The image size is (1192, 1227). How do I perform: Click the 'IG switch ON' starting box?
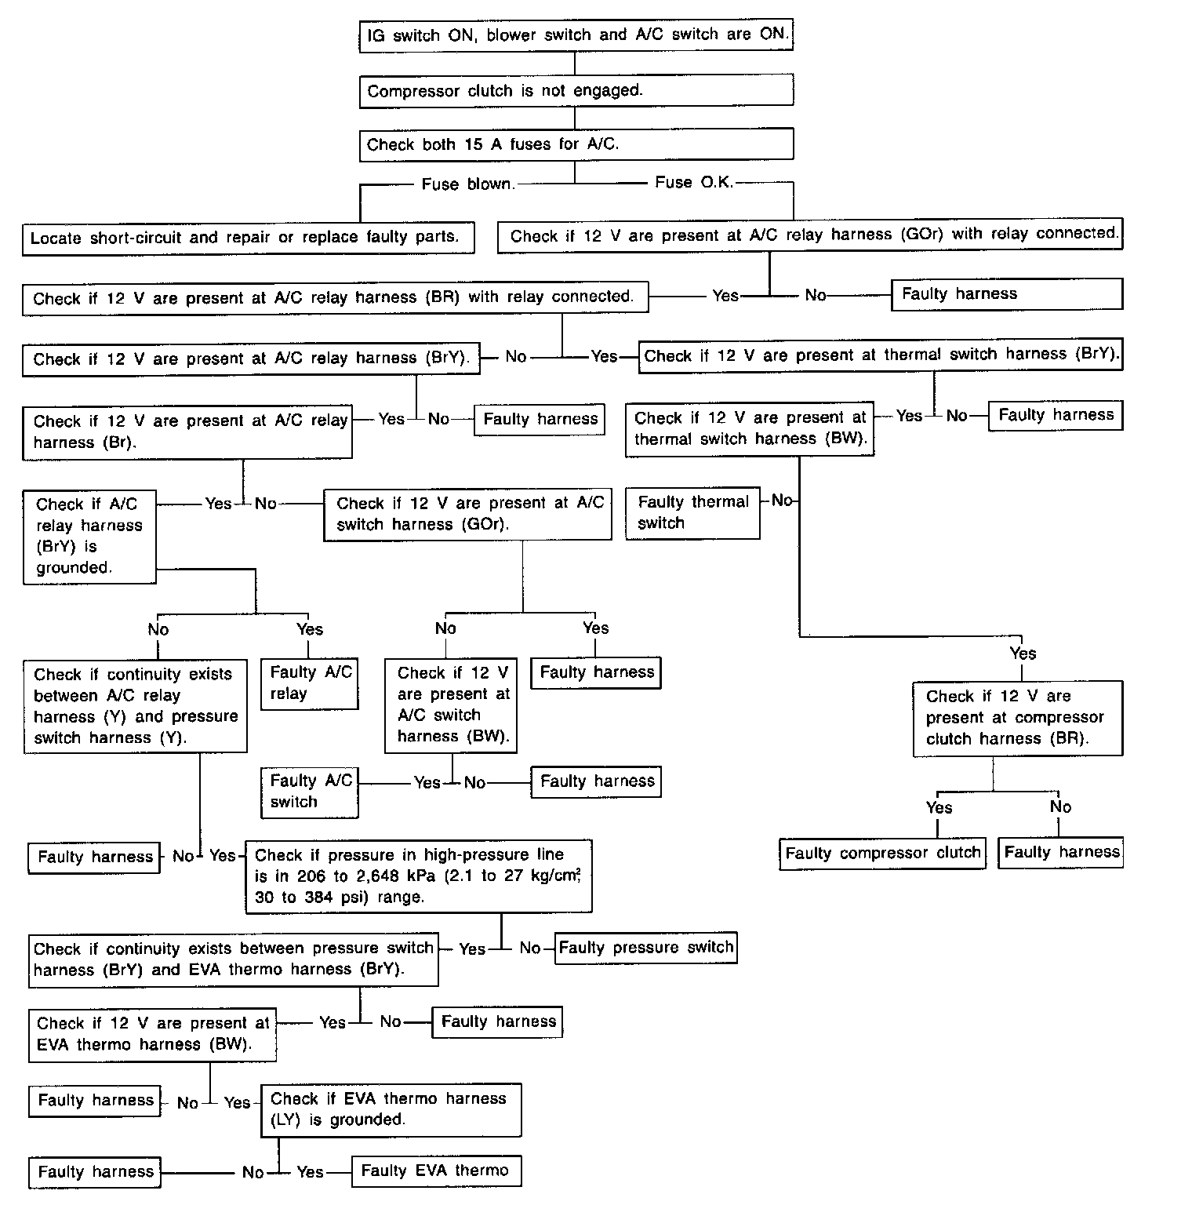(x=576, y=35)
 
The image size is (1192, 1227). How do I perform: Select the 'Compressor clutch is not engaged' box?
(x=576, y=91)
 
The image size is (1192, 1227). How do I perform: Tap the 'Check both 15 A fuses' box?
(x=576, y=144)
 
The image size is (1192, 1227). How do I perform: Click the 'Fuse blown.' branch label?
(x=468, y=185)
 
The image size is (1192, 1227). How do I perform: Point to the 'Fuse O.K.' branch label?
(x=694, y=183)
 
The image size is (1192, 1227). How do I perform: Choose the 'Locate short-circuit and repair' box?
(x=248, y=238)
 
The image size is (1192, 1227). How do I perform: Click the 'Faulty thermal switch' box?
(x=692, y=512)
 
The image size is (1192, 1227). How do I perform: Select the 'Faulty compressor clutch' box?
(x=882, y=854)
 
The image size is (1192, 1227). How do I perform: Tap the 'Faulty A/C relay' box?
(x=310, y=683)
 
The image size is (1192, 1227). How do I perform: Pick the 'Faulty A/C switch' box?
(x=309, y=792)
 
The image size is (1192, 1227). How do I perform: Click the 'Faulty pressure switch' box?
(x=645, y=948)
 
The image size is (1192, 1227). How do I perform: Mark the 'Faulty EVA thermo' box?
(x=436, y=1171)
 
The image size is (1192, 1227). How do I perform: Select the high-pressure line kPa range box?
(x=418, y=876)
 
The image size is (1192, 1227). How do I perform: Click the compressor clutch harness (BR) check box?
(x=1017, y=718)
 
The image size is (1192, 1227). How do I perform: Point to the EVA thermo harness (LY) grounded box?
(x=391, y=1109)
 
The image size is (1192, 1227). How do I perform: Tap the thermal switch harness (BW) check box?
(x=749, y=428)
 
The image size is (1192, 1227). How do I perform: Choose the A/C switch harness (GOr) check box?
(x=467, y=514)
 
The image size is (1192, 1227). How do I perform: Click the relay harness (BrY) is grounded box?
(x=89, y=537)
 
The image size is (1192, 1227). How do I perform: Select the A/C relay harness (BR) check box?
(x=335, y=298)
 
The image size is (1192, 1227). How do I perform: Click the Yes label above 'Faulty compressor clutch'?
(x=939, y=807)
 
